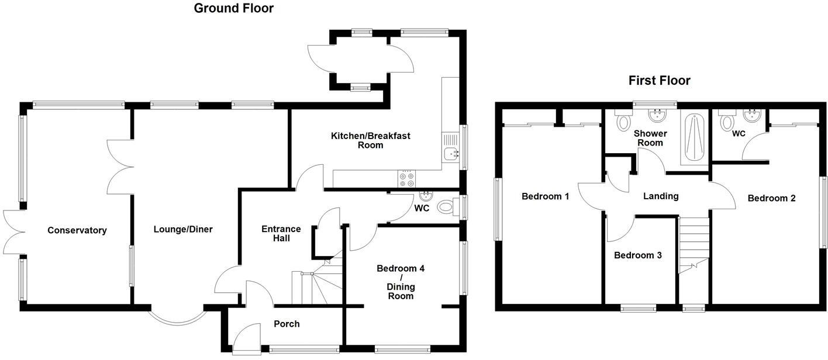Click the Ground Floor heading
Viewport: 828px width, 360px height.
[233, 8]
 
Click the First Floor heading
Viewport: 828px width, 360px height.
[659, 81]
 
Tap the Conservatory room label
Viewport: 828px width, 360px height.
[77, 230]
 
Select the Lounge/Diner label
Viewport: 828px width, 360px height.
[183, 230]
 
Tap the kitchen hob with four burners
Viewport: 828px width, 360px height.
[406, 177]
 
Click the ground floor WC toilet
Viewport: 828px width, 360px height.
[447, 206]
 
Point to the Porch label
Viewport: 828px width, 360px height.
[287, 324]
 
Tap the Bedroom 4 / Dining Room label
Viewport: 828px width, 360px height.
[400, 282]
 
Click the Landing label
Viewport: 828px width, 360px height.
[661, 196]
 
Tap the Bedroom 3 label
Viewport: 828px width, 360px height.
[637, 255]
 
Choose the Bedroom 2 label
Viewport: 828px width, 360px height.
[771, 198]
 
